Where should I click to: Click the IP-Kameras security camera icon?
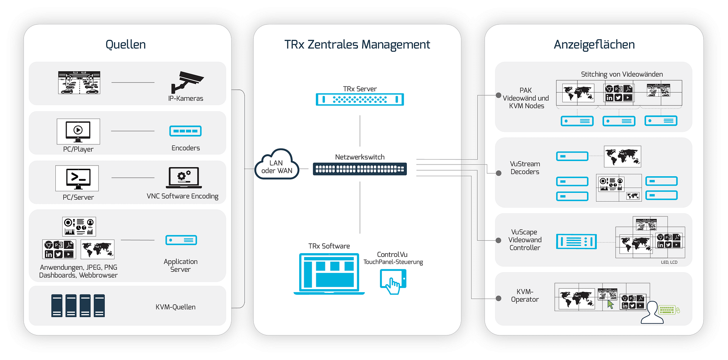tap(187, 82)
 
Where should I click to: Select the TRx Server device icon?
tap(360, 99)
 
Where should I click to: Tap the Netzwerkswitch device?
tap(360, 169)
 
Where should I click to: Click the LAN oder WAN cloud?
tap(277, 164)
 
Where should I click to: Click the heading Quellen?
tap(126, 45)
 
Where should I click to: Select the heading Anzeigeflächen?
tap(594, 45)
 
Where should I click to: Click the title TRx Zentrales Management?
tap(357, 45)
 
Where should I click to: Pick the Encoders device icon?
tap(185, 131)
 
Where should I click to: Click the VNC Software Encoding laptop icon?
tap(184, 178)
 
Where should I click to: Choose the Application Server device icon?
tap(181, 240)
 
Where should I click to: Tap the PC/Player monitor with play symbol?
tap(78, 131)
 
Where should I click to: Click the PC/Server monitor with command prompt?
tap(77, 178)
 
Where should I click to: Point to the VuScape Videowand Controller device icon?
tap(576, 241)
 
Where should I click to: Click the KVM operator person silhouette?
tap(652, 313)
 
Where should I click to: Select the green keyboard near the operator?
tap(667, 310)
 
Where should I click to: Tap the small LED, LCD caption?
tap(669, 262)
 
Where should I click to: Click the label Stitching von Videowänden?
tap(622, 74)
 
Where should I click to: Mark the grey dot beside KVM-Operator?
tap(499, 299)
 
